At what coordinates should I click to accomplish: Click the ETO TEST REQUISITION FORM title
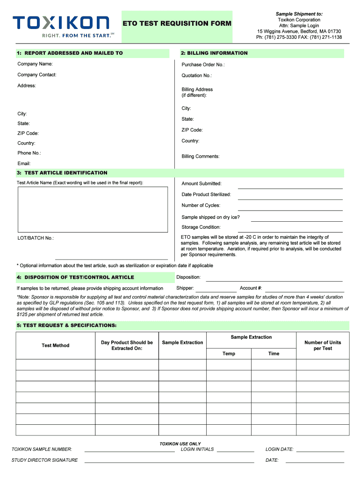tap(177, 23)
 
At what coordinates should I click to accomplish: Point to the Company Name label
tap(35, 64)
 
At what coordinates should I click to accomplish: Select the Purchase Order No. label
tap(203, 65)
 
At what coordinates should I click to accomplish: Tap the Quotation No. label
tap(196, 75)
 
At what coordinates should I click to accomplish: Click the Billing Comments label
tap(201, 156)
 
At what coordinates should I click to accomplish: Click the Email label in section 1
tap(24, 163)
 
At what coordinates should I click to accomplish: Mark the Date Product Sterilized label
tap(206, 194)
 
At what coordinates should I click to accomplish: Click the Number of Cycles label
tap(201, 205)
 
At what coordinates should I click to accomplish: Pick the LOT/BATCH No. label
tap(36, 238)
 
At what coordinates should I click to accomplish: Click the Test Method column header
tap(55, 346)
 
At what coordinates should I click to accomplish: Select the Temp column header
tap(229, 354)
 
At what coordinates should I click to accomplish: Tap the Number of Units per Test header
tap(323, 346)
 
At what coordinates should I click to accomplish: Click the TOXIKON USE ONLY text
tap(180, 443)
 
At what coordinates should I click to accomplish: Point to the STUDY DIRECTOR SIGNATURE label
tap(44, 460)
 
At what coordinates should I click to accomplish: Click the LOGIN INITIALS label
tap(197, 449)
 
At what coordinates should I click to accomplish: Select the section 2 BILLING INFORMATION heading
tap(214, 53)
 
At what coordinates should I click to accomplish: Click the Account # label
tap(251, 288)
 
